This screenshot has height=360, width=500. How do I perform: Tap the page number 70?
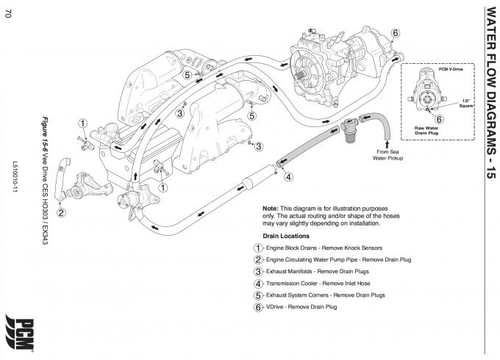tap(7, 18)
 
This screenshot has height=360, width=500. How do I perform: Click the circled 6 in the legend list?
tap(258, 306)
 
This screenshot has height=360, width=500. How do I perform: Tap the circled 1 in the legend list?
tap(258, 248)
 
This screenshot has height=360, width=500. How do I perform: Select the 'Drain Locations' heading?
tap(285, 235)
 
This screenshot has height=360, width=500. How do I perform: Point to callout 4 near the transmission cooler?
tap(288, 176)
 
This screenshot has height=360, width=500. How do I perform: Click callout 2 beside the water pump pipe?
tap(62, 213)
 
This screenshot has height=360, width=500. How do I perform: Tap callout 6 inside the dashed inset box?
tap(438, 119)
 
